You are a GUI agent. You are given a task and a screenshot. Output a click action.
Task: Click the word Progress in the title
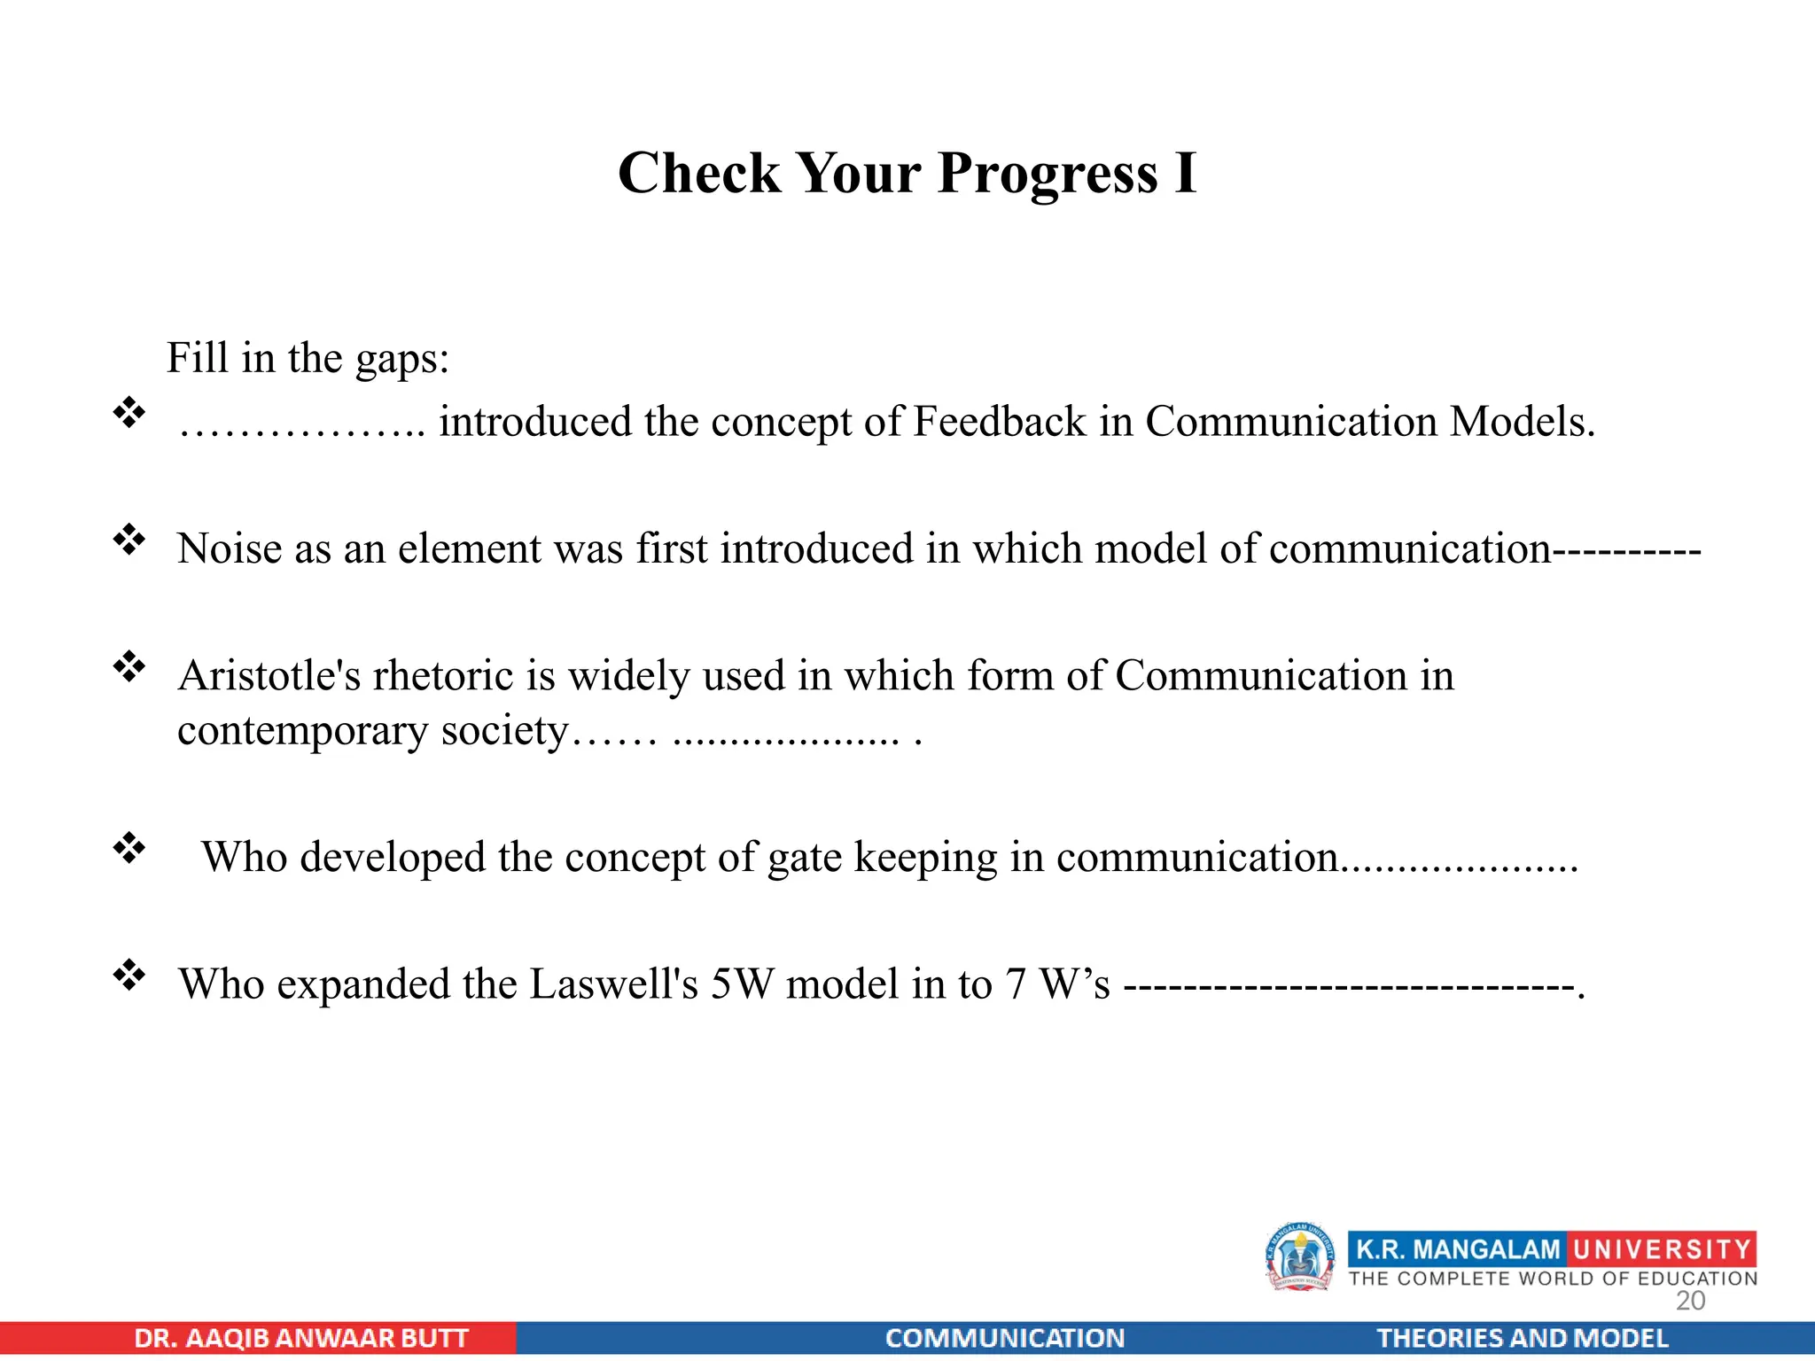click(x=1048, y=174)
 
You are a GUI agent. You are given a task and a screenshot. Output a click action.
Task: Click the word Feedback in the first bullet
click(x=1000, y=422)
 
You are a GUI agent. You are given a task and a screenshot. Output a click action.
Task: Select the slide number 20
click(x=1690, y=1301)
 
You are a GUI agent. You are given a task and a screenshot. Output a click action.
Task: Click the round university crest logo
click(x=1299, y=1257)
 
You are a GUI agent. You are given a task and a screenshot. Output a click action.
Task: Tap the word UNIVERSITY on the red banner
click(x=1662, y=1249)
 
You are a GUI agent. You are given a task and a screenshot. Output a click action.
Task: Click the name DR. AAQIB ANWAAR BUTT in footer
click(x=301, y=1338)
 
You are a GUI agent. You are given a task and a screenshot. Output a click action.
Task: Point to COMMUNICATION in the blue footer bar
click(x=1005, y=1338)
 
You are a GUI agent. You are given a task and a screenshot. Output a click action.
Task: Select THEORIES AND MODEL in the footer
click(x=1522, y=1338)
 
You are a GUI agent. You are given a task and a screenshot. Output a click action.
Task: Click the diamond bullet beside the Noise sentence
click(x=129, y=540)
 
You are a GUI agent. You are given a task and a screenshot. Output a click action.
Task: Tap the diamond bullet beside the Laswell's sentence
click(x=129, y=975)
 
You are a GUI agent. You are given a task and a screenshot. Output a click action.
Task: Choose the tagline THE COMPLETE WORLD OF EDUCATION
click(x=1553, y=1279)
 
